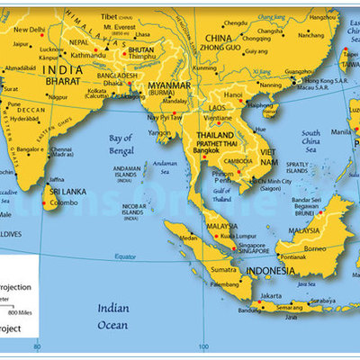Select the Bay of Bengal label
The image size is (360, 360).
coord(125,144)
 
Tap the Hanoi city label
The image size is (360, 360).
coord(233,94)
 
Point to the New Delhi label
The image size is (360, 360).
coord(30,29)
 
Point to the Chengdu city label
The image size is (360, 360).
coord(237,22)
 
